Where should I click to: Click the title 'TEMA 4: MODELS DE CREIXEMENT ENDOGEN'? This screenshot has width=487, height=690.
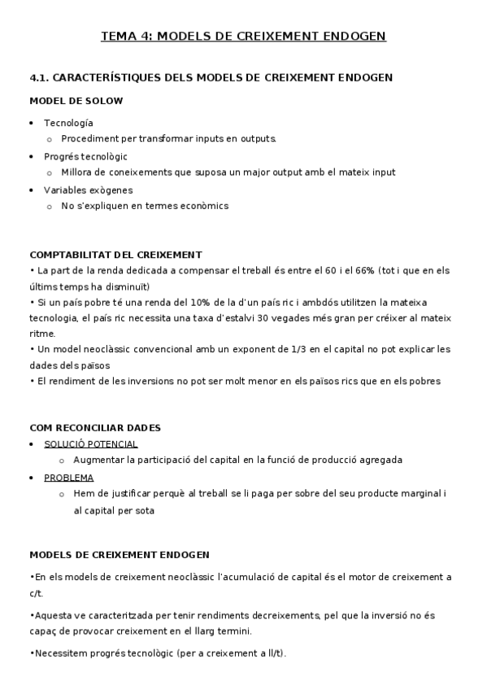point(243,36)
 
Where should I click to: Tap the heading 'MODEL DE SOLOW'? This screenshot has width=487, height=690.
point(76,101)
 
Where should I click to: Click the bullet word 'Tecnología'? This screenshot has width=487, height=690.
point(68,123)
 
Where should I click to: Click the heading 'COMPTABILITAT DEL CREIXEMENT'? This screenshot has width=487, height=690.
point(115,255)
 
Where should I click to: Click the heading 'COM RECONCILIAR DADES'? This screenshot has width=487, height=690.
point(95,427)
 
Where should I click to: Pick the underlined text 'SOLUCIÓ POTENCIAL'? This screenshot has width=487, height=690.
point(90,444)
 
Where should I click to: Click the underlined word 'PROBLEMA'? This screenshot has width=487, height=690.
point(68,478)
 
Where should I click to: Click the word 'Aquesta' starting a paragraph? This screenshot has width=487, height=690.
point(51,616)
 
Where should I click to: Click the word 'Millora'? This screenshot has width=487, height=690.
point(77,172)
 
